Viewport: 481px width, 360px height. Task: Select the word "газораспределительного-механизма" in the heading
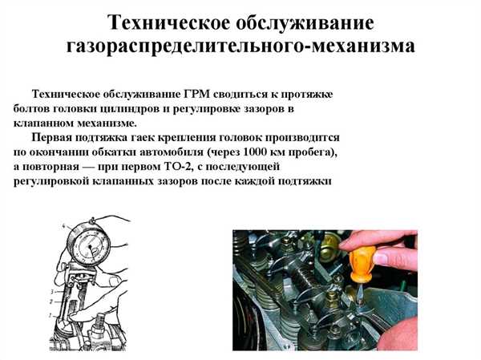click(240, 46)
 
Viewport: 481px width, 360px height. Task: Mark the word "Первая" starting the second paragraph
click(55, 138)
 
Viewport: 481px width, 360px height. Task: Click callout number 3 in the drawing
click(52, 291)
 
